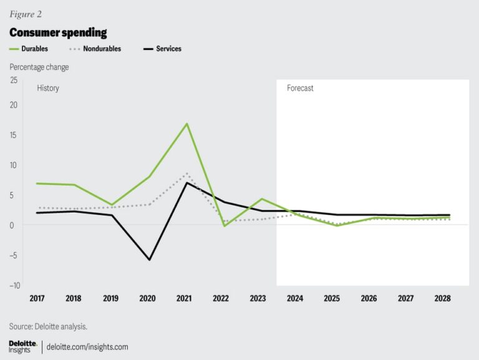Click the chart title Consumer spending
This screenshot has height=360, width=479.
[x=57, y=32]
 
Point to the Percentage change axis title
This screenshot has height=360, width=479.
[x=39, y=67]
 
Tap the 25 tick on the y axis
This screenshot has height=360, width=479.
[x=13, y=80]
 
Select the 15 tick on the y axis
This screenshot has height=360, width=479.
[x=13, y=135]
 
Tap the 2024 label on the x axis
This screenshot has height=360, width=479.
[x=295, y=299]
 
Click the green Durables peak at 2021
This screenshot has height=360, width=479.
[x=186, y=124]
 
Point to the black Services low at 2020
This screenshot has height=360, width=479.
[x=150, y=260]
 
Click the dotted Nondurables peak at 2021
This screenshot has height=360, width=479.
[x=186, y=173]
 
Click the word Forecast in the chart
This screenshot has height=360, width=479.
[x=300, y=89]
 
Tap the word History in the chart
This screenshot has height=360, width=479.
[x=48, y=89]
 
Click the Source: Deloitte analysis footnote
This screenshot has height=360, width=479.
[x=48, y=326]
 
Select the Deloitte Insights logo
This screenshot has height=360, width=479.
[x=23, y=347]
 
